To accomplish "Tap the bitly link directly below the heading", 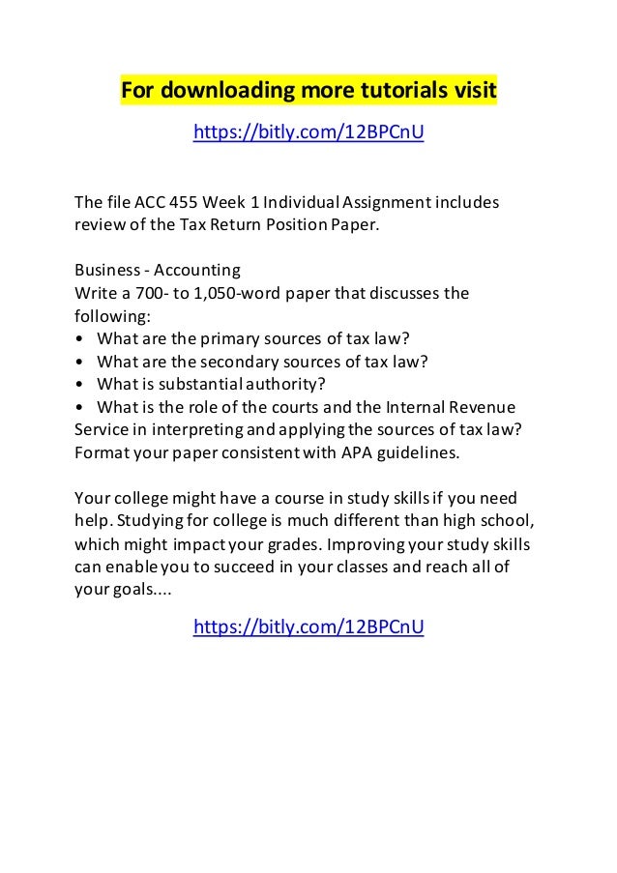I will point(308,131).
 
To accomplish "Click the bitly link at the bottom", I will point(308,627).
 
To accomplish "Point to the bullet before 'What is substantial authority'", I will point(79,385).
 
